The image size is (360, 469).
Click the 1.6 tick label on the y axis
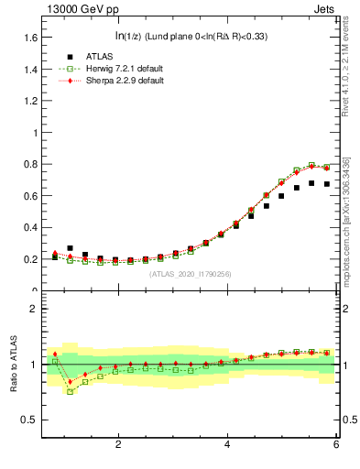(x=30, y=38)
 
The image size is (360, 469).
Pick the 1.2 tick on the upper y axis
(x=30, y=101)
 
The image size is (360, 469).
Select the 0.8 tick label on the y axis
(x=30, y=164)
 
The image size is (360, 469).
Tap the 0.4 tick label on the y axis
(x=30, y=227)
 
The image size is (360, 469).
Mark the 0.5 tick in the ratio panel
(x=30, y=420)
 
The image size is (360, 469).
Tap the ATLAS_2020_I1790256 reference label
(x=191, y=273)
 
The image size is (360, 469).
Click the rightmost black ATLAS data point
(x=326, y=184)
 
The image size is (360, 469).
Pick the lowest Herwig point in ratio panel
(x=70, y=391)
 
